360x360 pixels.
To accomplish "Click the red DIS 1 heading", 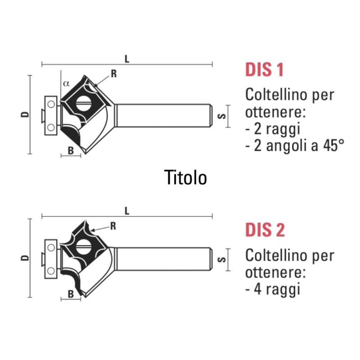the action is click(264, 69).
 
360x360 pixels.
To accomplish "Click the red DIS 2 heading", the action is click(265, 230).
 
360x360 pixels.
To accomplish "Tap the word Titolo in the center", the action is click(185, 177).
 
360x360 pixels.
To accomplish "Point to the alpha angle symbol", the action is click(66, 83).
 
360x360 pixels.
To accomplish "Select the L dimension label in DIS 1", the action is click(127, 59).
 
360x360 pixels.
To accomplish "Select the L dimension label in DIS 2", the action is click(127, 211).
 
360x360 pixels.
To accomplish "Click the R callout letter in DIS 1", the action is click(114, 74).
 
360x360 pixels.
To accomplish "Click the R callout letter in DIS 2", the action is click(113, 226).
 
